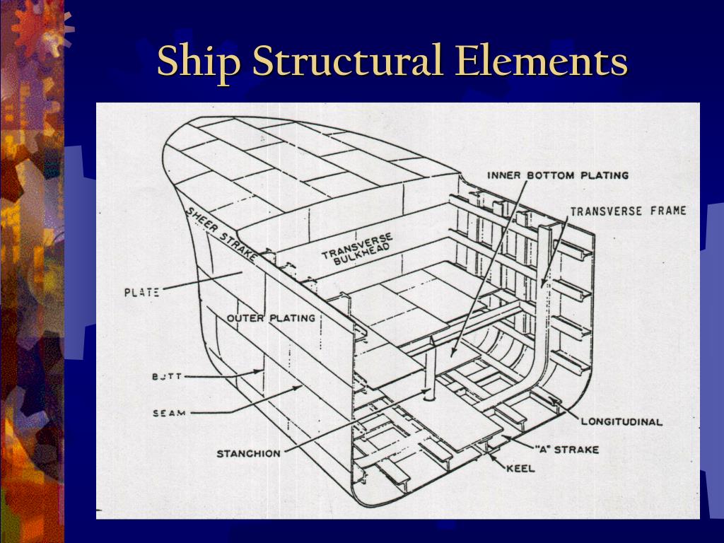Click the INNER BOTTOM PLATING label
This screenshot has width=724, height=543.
pyautogui.click(x=558, y=175)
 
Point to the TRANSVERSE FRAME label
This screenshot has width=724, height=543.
pyautogui.click(x=628, y=211)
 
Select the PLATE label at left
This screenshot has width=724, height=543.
pyautogui.click(x=141, y=291)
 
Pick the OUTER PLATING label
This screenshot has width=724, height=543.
pyautogui.click(x=271, y=318)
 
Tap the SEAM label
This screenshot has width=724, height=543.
pyautogui.click(x=169, y=413)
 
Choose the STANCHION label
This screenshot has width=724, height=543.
pyautogui.click(x=248, y=453)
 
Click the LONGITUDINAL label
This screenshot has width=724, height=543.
pyautogui.click(x=621, y=422)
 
